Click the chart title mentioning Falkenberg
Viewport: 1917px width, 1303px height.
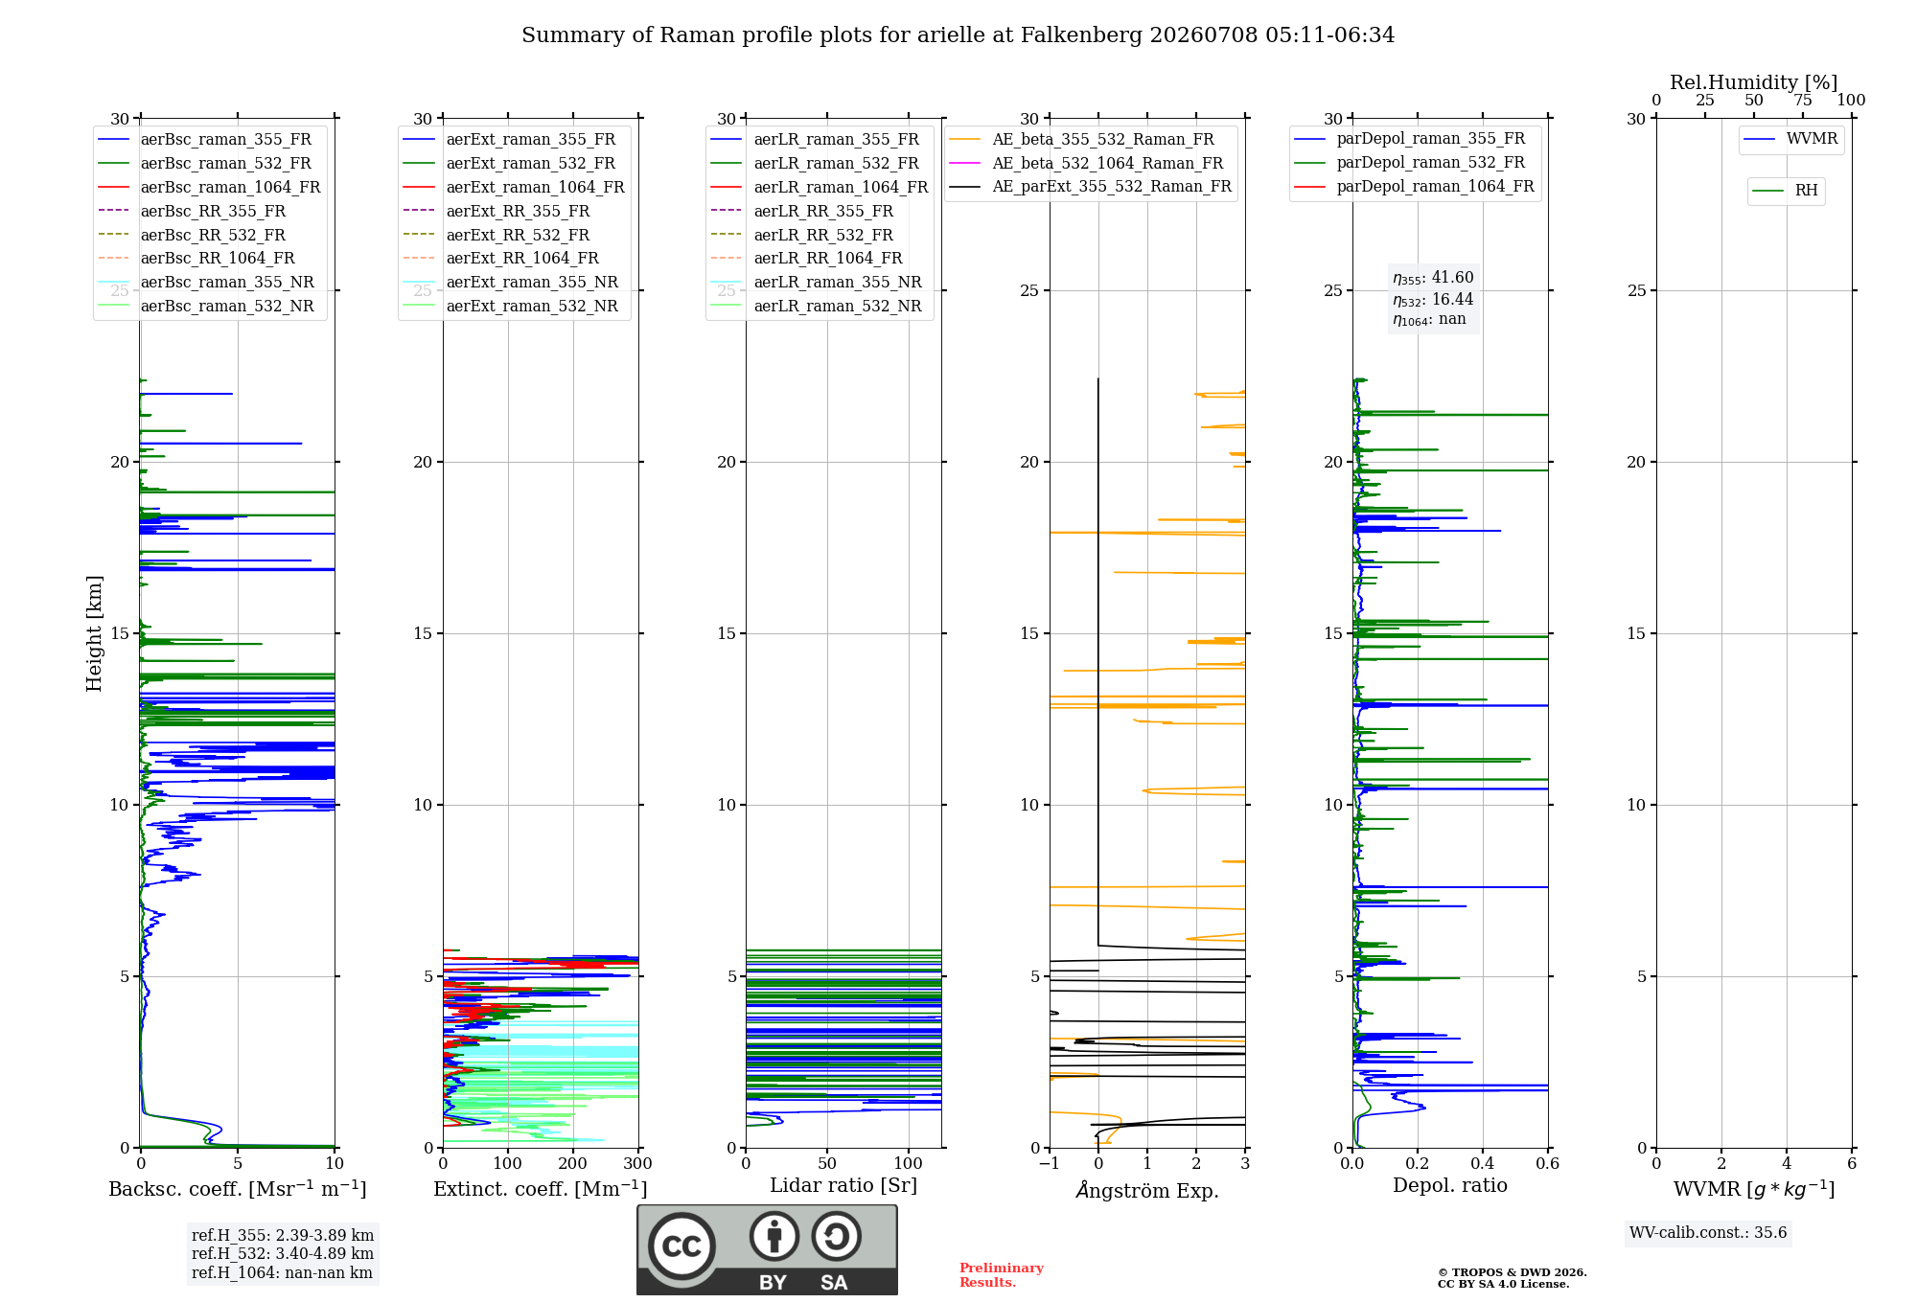[x=958, y=35]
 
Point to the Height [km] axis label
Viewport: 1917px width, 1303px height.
[x=94, y=633]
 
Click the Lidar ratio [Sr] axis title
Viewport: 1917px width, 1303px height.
[x=843, y=1185]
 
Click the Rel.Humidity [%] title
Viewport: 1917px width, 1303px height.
[x=1754, y=82]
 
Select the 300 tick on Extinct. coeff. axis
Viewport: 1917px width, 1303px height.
[x=638, y=1164]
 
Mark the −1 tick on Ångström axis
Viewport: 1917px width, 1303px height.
[x=1050, y=1164]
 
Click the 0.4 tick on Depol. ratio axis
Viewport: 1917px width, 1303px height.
[x=1483, y=1164]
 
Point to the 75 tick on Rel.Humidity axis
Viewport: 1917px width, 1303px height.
[x=1803, y=101]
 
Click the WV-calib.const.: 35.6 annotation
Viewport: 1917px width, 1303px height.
[x=1708, y=1233]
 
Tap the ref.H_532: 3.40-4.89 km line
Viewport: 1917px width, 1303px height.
[x=283, y=1253]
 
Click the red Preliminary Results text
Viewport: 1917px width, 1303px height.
[x=1002, y=1275]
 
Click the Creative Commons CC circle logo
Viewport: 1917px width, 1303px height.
[x=681, y=1246]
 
